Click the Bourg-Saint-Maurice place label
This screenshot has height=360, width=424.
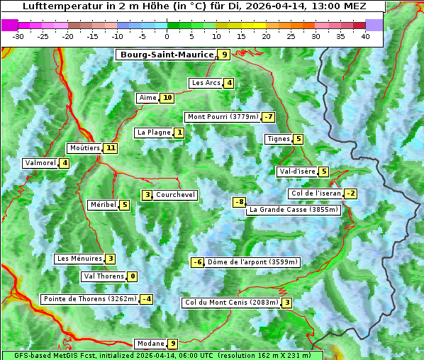(167, 55)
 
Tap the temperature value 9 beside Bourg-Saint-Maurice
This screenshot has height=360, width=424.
(224, 55)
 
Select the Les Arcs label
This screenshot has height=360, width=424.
(206, 83)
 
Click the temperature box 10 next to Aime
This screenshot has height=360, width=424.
(167, 98)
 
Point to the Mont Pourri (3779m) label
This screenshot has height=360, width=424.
(222, 117)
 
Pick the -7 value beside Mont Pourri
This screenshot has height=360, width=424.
(267, 117)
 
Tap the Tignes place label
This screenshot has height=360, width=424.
(278, 139)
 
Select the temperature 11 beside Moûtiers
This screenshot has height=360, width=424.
(110, 148)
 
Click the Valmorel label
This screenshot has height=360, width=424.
(40, 163)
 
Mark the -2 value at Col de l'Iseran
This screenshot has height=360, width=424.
(350, 193)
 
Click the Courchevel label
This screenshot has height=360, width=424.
(175, 195)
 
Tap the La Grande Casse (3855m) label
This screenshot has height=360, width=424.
(294, 210)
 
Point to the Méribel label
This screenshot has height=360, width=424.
(103, 205)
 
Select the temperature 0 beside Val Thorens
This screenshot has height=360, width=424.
(132, 276)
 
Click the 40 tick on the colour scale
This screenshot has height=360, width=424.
(365, 36)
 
